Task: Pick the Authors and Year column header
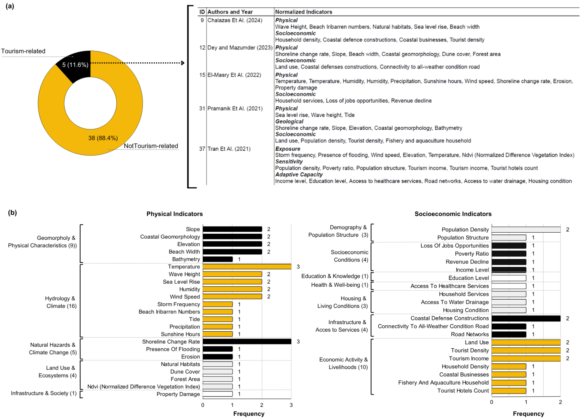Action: [230, 12]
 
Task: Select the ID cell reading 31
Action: [202, 108]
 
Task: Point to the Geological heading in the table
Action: [289, 122]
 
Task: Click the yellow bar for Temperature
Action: [247, 267]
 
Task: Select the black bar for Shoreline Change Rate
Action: [247, 341]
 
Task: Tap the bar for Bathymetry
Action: [218, 259]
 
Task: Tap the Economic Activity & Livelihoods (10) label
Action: [343, 363]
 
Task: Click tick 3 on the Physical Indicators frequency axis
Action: [291, 405]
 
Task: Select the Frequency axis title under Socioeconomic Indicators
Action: [528, 414]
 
